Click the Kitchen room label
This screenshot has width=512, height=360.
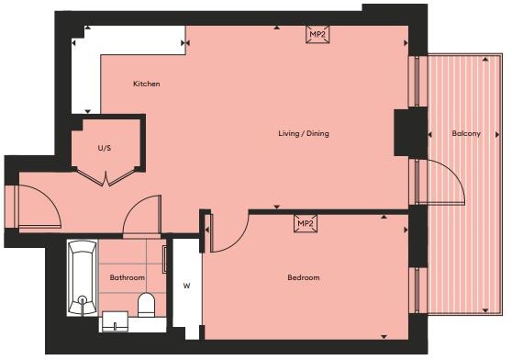point(147,84)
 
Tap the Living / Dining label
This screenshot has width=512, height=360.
point(304,134)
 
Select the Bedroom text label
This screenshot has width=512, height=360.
point(304,277)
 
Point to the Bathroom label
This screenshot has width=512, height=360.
point(128,277)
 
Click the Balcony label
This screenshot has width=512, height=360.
point(465,134)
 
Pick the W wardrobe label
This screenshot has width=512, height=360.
point(186,285)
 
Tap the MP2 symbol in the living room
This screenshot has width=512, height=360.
point(317,35)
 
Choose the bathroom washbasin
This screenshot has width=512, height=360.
point(116,321)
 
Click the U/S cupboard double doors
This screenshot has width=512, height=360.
point(108,177)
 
